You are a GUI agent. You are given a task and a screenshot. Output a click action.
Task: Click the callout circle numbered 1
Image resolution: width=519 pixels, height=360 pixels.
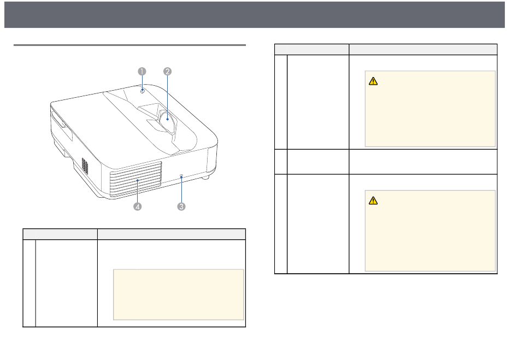click(141, 72)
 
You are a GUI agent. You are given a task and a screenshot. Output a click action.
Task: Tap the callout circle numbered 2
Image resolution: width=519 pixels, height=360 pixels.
click(168, 72)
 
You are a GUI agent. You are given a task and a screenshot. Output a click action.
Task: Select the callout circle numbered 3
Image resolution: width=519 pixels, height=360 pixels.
click(181, 206)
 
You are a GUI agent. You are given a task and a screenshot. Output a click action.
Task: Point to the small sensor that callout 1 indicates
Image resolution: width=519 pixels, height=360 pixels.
click(142, 91)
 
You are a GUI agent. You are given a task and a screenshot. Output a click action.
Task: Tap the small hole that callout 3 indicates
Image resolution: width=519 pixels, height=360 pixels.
click(181, 176)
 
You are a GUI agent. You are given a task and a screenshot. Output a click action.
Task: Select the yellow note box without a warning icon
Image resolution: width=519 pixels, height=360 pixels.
click(178, 294)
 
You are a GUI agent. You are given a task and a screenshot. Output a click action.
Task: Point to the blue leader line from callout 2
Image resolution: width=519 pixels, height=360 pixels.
click(168, 96)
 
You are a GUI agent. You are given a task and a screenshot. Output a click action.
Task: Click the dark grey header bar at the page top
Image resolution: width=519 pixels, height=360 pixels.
click(259, 14)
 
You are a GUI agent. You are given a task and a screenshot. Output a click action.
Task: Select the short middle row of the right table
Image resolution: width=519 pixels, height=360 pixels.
click(386, 162)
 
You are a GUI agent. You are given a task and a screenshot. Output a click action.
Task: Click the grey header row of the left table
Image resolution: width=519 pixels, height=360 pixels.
click(134, 234)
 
